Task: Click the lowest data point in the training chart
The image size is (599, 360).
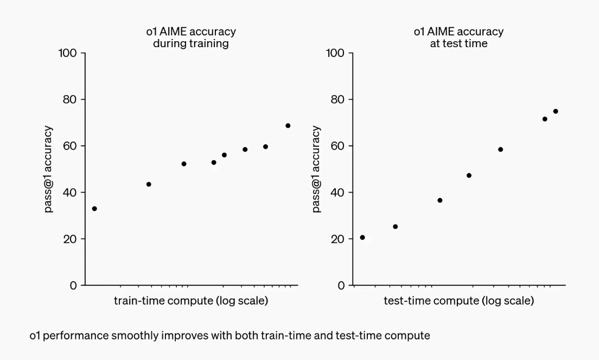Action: click(94, 209)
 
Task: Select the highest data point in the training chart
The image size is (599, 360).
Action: click(288, 126)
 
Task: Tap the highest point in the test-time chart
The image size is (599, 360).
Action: click(556, 112)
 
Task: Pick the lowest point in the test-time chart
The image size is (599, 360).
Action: click(362, 237)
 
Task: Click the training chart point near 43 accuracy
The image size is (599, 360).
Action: click(149, 184)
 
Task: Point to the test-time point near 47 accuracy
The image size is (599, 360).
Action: click(469, 176)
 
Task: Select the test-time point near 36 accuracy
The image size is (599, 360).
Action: click(439, 201)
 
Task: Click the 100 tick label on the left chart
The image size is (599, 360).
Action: click(67, 53)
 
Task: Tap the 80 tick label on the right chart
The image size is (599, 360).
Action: click(337, 100)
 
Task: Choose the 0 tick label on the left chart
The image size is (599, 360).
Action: click(73, 286)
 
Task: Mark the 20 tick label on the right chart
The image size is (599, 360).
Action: click(337, 239)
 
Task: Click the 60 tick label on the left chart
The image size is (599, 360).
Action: click(69, 146)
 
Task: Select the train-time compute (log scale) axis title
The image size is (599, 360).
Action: click(191, 301)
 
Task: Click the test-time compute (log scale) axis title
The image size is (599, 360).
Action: click(459, 301)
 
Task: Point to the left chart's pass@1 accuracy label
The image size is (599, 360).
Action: click(48, 169)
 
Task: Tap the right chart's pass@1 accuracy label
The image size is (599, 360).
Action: click(316, 169)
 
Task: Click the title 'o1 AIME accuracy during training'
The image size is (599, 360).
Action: click(191, 37)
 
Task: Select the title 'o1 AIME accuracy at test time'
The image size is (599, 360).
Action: click(459, 37)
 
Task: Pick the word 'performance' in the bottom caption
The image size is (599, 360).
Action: click(75, 336)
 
